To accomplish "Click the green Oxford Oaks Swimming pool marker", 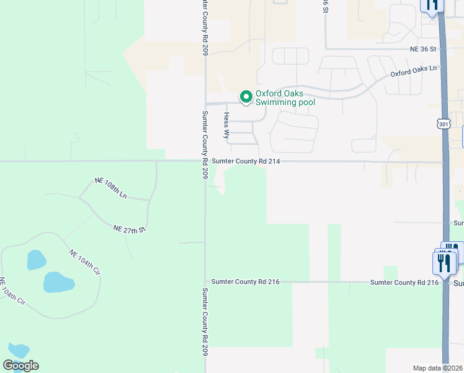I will [x=246, y=96].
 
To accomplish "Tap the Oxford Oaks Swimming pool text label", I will [x=285, y=98].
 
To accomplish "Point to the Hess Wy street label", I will [x=226, y=125].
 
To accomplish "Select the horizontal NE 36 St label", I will [x=423, y=48].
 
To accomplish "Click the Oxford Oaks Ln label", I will [x=413, y=73].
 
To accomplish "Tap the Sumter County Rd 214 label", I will [x=246, y=161].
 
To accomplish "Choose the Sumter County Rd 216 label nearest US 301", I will [x=404, y=282].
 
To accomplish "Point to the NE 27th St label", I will [x=129, y=229].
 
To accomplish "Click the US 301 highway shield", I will [x=443, y=124].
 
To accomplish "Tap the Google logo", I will [x=20, y=366].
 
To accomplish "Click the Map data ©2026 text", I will [x=437, y=368].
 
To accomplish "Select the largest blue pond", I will [x=59, y=282].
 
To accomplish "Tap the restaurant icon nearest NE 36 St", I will [x=432, y=5].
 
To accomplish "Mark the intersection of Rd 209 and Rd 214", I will [x=205, y=161].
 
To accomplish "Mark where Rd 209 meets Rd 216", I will [x=205, y=282].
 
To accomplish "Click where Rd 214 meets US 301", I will [x=444, y=163].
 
